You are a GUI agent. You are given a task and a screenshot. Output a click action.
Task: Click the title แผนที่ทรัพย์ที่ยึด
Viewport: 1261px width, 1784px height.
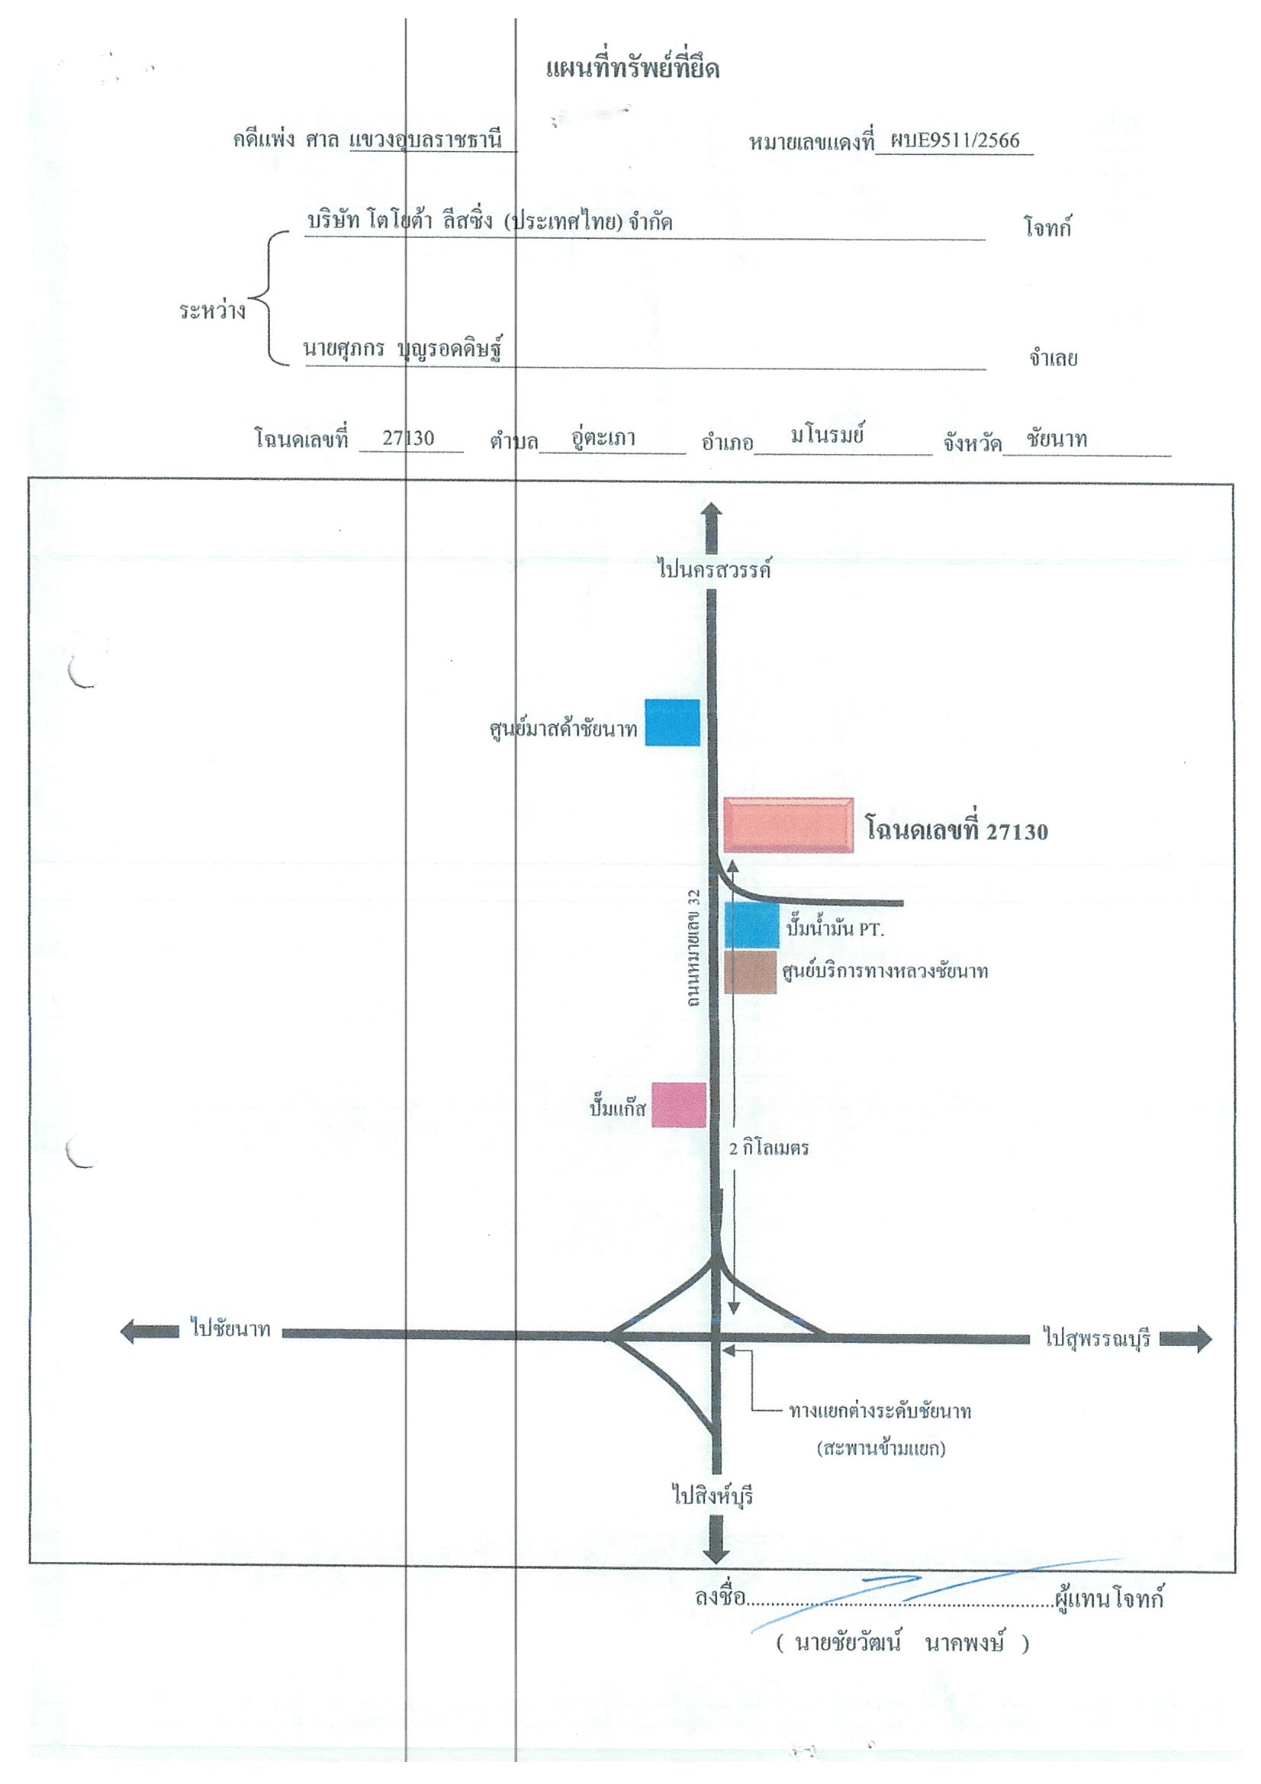[632, 69]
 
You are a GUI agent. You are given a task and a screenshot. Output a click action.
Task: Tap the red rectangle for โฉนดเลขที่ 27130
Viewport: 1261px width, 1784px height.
[788, 824]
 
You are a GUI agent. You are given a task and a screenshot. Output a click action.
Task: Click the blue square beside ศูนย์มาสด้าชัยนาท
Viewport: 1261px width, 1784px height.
[672, 723]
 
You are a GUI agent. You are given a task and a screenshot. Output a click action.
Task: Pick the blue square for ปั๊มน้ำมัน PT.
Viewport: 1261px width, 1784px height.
[751, 926]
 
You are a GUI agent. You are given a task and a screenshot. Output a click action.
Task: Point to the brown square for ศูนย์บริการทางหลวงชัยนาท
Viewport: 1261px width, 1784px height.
[751, 971]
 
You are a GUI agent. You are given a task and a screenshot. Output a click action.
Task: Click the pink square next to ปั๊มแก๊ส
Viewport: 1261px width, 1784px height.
[678, 1104]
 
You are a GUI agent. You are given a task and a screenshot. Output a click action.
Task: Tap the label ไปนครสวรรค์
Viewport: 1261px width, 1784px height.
[714, 569]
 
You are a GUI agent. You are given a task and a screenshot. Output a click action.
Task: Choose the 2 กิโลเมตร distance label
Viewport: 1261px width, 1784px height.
[768, 1148]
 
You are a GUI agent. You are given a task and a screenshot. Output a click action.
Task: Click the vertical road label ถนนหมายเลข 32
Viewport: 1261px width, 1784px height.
[694, 948]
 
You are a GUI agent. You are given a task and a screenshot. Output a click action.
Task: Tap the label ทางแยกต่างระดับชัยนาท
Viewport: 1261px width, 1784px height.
[880, 1411]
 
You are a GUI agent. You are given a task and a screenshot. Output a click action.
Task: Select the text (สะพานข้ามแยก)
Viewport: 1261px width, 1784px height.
[881, 1448]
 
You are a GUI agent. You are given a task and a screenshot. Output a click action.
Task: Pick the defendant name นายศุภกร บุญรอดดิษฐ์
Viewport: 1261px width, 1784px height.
[403, 349]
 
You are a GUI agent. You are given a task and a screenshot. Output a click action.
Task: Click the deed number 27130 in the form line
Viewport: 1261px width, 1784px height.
[408, 438]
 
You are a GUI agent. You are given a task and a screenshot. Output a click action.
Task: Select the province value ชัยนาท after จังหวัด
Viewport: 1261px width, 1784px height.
[1056, 439]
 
